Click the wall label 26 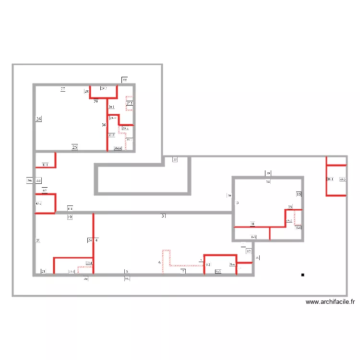[x=39, y=119]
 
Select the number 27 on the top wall [x=63, y=89]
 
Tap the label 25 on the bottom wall [x=74, y=147]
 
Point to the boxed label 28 [x=86, y=91]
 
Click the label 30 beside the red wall [x=104, y=125]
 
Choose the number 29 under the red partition [x=96, y=102]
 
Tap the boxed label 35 [x=175, y=160]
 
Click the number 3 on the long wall [x=163, y=216]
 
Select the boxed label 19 [x=70, y=217]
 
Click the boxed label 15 [x=298, y=195]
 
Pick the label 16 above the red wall [x=290, y=206]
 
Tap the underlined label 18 [x=252, y=224]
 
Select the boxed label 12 [x=249, y=251]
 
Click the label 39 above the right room [x=268, y=173]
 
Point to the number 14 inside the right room [x=268, y=182]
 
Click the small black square [x=302, y=275]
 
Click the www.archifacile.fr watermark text [x=330, y=302]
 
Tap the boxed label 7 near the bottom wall [x=183, y=271]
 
